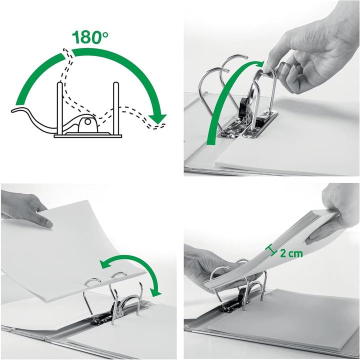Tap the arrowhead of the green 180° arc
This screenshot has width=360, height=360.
(160, 118)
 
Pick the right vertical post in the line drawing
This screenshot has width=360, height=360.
(116, 107)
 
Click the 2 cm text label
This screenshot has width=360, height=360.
(291, 253)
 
